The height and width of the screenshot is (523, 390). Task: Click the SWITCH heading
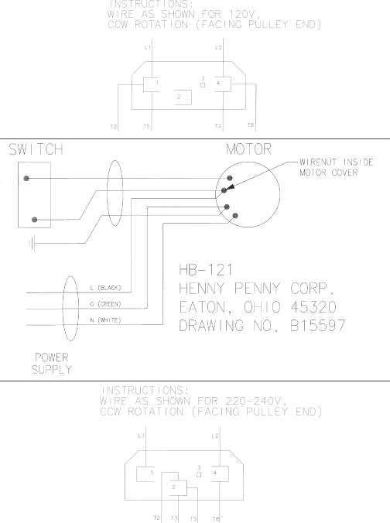36,149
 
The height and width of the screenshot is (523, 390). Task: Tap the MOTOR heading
248,149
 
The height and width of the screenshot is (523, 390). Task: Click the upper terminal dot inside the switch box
26,179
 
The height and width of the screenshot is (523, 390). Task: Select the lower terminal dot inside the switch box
34,220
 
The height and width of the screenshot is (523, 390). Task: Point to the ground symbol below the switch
32,243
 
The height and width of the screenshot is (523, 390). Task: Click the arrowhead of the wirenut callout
231,187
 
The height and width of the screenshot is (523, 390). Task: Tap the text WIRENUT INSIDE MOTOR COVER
336,167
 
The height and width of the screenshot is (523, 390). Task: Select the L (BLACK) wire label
105,288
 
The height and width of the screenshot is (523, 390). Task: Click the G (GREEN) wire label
105,304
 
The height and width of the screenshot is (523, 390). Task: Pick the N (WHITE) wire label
105,320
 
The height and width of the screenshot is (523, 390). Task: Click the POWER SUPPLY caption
52,364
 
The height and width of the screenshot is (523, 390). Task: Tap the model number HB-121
206,270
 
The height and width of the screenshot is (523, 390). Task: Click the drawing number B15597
318,326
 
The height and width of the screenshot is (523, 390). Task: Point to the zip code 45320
313,307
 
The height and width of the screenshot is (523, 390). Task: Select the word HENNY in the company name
201,288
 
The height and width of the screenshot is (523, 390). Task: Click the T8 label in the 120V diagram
251,125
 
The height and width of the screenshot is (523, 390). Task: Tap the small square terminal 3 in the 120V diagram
203,85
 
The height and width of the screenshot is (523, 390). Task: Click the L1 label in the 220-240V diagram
141,436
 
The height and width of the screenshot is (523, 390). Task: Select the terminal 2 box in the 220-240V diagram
178,488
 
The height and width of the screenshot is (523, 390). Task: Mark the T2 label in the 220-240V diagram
157,518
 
